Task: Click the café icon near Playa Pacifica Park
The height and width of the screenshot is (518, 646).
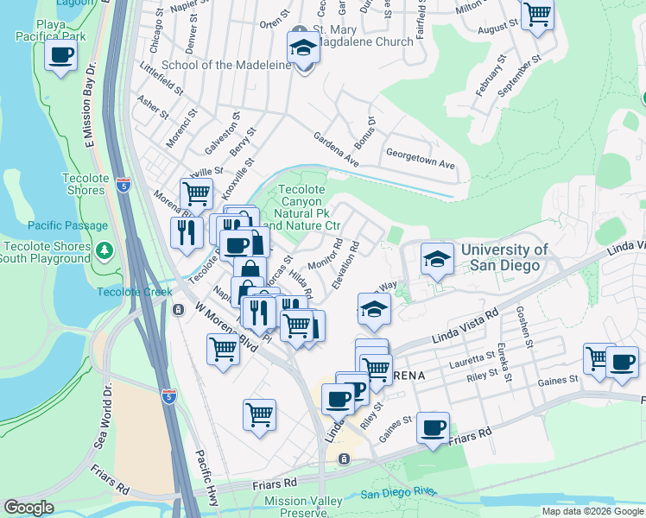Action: coord(60,57)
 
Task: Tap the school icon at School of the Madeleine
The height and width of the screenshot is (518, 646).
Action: coord(303,48)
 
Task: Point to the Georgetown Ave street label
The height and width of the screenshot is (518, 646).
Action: coord(420,163)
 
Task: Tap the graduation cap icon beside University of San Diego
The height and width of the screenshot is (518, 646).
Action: coord(437,259)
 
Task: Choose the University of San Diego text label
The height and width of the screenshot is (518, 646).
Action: coord(504,257)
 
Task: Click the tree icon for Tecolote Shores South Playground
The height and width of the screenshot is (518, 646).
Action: coord(104,250)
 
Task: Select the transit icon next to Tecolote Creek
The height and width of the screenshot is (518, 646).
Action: coord(178,309)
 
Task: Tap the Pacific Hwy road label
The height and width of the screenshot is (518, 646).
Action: coord(207,470)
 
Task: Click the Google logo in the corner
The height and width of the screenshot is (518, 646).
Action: coord(28,507)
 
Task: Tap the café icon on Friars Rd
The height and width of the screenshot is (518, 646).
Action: coord(433,427)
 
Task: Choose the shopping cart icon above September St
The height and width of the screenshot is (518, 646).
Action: coord(537,15)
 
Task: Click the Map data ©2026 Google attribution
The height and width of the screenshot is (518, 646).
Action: coord(592,511)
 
